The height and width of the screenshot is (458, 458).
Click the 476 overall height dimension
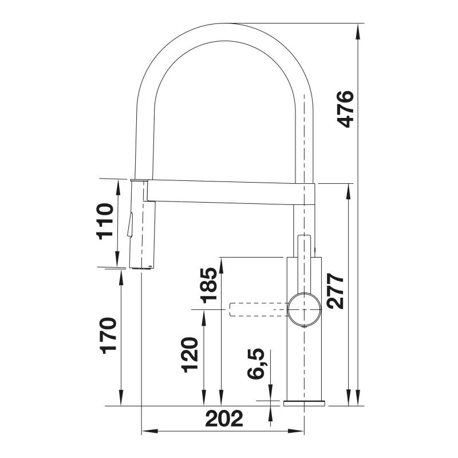tap(346, 109)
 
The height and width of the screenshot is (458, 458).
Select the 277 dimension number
tap(335, 291)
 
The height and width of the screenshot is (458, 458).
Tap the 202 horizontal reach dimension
tap(224, 418)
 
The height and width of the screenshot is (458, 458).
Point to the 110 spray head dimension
tap(105, 221)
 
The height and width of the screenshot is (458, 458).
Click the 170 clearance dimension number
tap(108, 335)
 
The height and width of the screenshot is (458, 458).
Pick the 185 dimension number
tap(209, 285)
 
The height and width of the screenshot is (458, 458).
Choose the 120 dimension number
tap(189, 355)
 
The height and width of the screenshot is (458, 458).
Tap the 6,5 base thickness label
tap(256, 364)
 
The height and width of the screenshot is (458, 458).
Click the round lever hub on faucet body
tap(304, 309)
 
